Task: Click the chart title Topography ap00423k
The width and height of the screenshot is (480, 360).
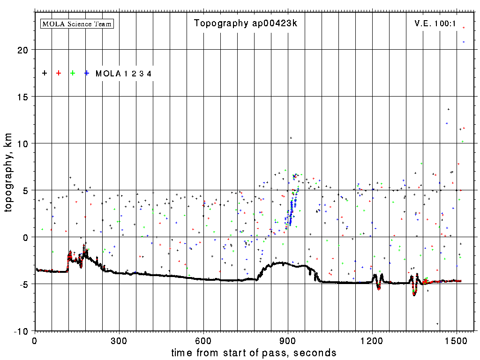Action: click(x=246, y=23)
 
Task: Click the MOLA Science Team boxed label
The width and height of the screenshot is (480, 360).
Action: click(x=77, y=23)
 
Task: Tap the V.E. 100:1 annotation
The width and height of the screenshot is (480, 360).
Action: click(x=435, y=23)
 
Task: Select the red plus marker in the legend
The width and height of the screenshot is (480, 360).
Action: click(x=59, y=73)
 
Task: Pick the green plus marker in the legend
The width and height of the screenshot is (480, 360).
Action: click(x=73, y=73)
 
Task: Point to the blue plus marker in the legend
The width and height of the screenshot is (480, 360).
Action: click(x=87, y=73)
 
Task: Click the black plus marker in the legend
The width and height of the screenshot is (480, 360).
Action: click(x=45, y=73)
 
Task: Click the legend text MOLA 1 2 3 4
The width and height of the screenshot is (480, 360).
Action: click(x=123, y=74)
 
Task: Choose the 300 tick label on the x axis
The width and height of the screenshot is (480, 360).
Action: click(x=119, y=340)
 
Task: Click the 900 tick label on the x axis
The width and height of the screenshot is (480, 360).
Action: click(x=288, y=340)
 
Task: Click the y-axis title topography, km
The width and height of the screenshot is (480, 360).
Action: click(x=9, y=178)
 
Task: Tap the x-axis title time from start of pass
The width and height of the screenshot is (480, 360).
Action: click(x=254, y=352)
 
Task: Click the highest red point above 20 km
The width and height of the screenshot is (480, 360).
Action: click(x=464, y=28)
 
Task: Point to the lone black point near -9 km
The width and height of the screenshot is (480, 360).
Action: click(x=437, y=324)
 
